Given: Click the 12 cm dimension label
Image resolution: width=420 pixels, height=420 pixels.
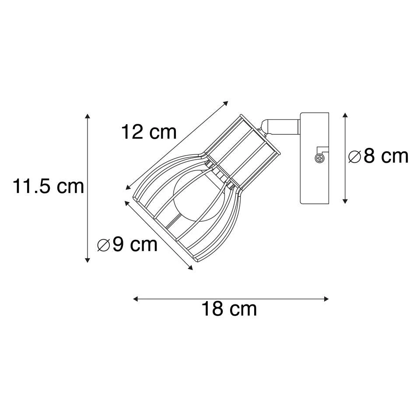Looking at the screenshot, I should click(149, 132).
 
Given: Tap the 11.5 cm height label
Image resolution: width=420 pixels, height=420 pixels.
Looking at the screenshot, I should click(48, 186).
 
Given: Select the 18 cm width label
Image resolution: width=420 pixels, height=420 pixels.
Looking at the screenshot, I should click(229, 309).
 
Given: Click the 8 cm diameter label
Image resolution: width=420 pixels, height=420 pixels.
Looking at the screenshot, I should click(378, 156).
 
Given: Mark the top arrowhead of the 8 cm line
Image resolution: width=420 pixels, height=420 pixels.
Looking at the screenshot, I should click(345, 115).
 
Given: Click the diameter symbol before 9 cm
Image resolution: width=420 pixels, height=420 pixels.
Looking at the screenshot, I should click(104, 245).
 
